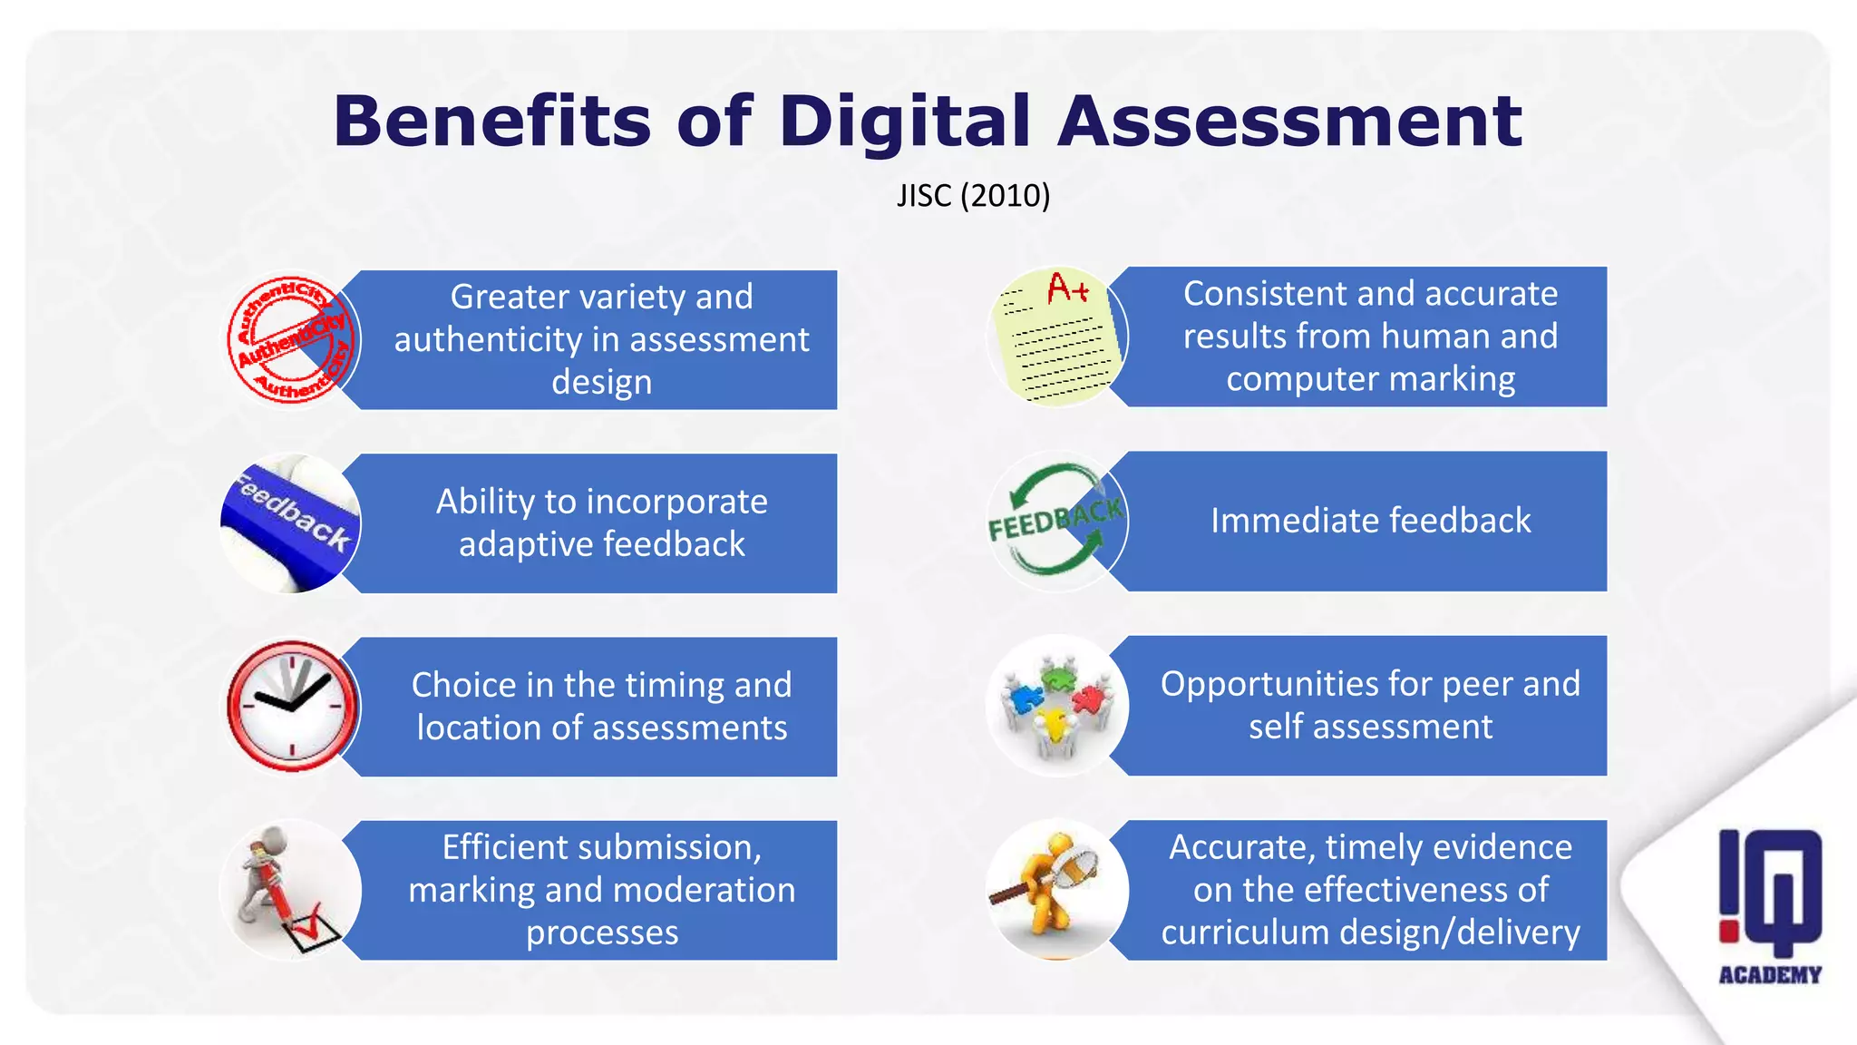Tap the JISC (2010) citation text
click(x=973, y=196)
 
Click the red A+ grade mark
click(x=1067, y=289)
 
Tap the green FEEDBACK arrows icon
click(x=1056, y=521)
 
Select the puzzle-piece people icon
click(x=1056, y=705)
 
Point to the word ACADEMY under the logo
click(x=1770, y=975)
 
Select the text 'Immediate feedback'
click(x=1370, y=521)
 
